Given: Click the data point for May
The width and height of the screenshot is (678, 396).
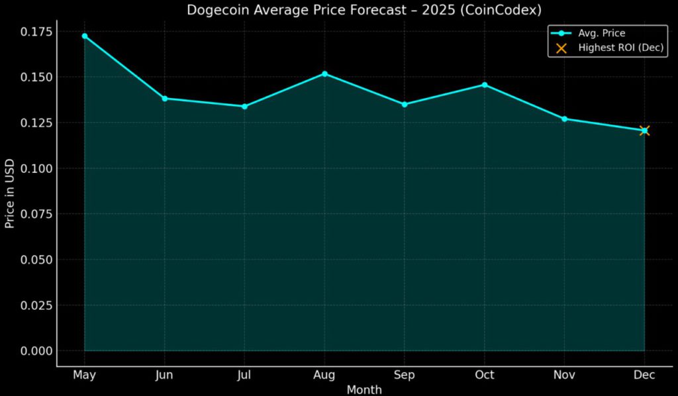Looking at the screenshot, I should (x=84, y=36).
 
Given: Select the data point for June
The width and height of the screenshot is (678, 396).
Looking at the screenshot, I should (x=164, y=98).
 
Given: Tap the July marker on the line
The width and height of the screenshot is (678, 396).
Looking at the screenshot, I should (x=244, y=106).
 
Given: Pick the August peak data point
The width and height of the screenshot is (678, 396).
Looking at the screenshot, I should (x=324, y=74).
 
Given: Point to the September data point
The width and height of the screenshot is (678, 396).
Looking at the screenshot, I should (x=405, y=104).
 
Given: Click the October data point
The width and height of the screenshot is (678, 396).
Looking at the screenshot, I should (x=485, y=85).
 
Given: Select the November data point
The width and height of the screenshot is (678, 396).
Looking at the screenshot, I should (x=564, y=119).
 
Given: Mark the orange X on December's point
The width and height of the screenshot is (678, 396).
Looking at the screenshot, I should (x=644, y=130).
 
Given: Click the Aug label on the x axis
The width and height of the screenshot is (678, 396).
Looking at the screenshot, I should (x=324, y=375).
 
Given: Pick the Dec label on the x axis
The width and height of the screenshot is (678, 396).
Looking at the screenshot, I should (x=644, y=375).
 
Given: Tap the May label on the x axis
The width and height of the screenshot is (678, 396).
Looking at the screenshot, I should (x=84, y=375).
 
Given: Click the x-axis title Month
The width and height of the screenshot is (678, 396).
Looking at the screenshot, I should (x=364, y=389).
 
